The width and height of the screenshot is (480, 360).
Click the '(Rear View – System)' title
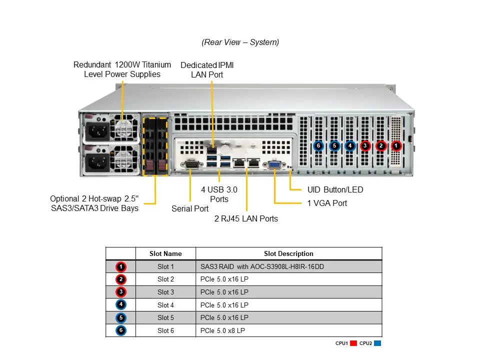pos(240,42)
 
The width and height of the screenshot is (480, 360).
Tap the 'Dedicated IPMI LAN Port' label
pos(207,70)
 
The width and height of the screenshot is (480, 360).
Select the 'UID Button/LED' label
pos(335,190)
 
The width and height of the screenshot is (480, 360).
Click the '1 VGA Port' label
pos(327,203)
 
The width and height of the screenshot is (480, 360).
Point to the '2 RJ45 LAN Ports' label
pos(246,218)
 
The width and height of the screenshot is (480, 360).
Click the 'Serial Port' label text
pos(190,208)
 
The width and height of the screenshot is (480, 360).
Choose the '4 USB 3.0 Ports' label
pos(219,194)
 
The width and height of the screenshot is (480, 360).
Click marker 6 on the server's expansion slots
pos(318,146)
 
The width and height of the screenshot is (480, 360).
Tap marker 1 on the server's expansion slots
pos(396,146)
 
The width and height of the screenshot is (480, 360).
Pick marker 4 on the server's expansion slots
pos(350,146)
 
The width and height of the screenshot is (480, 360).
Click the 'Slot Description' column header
pos(288,253)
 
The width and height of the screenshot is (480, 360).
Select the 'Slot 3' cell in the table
pos(165,292)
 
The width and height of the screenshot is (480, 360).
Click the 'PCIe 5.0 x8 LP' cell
pos(223,330)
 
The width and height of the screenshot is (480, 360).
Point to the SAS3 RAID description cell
pos(262,266)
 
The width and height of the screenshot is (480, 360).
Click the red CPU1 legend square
pos(353,343)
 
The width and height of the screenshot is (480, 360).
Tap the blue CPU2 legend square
pos(378,343)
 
